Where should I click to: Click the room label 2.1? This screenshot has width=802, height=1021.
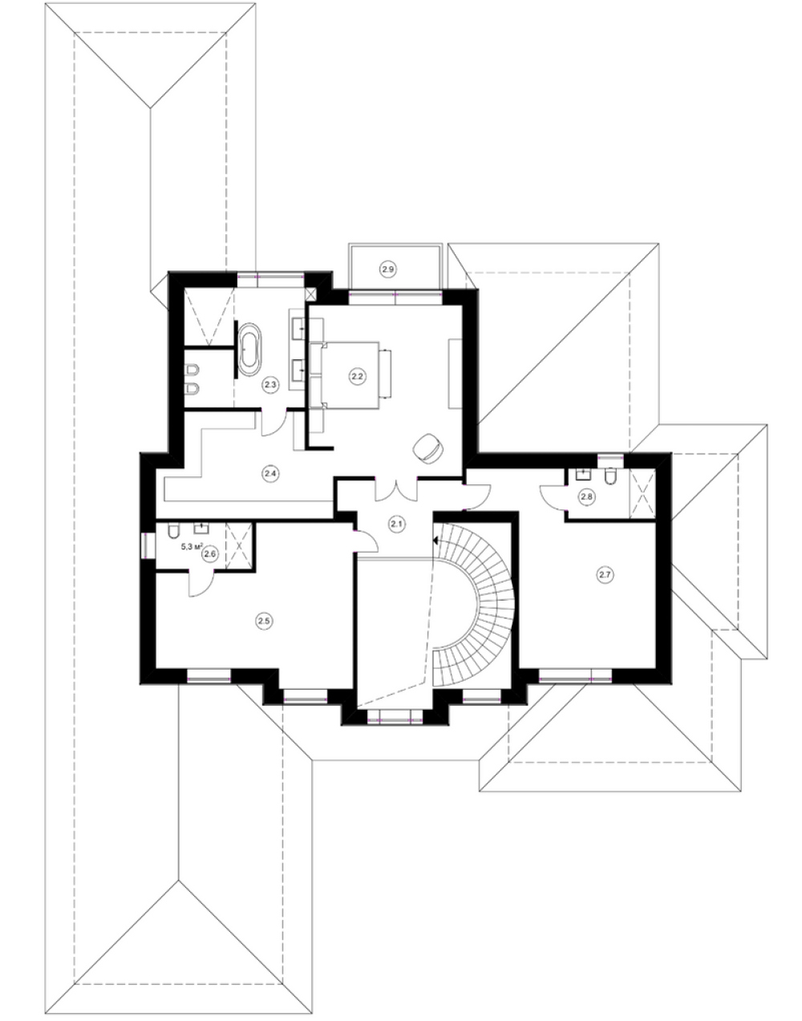tap(397, 524)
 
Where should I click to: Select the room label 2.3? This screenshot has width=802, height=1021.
tap(270, 384)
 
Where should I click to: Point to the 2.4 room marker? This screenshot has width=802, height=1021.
tap(270, 473)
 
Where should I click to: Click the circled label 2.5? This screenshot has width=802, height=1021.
tap(264, 621)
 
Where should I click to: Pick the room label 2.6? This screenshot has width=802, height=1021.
tap(209, 554)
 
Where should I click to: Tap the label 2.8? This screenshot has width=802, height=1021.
tap(587, 496)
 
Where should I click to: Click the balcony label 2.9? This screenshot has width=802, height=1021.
tap(387, 269)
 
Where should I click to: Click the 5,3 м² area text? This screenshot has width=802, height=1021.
tap(192, 546)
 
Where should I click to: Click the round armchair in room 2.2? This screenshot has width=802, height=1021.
tap(428, 448)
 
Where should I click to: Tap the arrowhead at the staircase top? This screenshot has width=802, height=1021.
tap(436, 541)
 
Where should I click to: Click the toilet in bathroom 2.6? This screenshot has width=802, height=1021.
tap(173, 531)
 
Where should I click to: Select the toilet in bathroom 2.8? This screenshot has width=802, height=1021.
tap(610, 476)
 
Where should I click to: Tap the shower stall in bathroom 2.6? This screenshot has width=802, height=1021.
tap(239, 545)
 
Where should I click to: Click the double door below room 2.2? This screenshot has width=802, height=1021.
tap(396, 489)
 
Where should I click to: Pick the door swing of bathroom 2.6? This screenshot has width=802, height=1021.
tap(202, 584)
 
